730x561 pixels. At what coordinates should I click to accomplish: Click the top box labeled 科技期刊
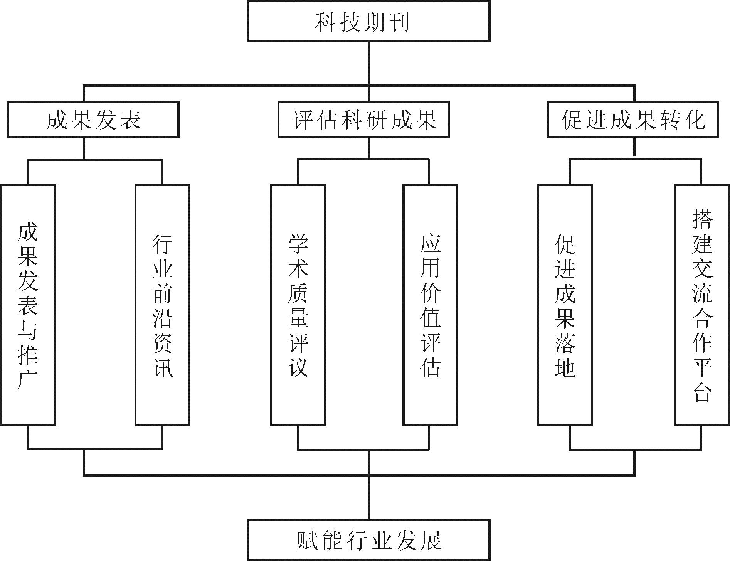click(368, 21)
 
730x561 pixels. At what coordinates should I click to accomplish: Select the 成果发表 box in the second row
click(93, 120)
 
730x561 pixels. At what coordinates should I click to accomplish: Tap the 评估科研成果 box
click(363, 120)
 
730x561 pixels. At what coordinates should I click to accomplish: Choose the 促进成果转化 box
click(633, 120)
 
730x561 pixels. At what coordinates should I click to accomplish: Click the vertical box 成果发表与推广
click(28, 305)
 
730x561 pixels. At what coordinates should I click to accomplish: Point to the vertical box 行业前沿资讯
click(162, 305)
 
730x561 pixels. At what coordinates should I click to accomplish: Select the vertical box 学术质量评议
click(298, 305)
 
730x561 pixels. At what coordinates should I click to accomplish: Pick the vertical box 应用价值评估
click(430, 305)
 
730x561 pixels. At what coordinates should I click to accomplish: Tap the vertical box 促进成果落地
click(565, 305)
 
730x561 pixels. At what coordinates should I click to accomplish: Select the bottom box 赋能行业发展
click(368, 540)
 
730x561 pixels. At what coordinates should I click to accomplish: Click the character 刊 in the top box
click(399, 22)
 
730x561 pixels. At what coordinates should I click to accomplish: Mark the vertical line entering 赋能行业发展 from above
click(368, 497)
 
